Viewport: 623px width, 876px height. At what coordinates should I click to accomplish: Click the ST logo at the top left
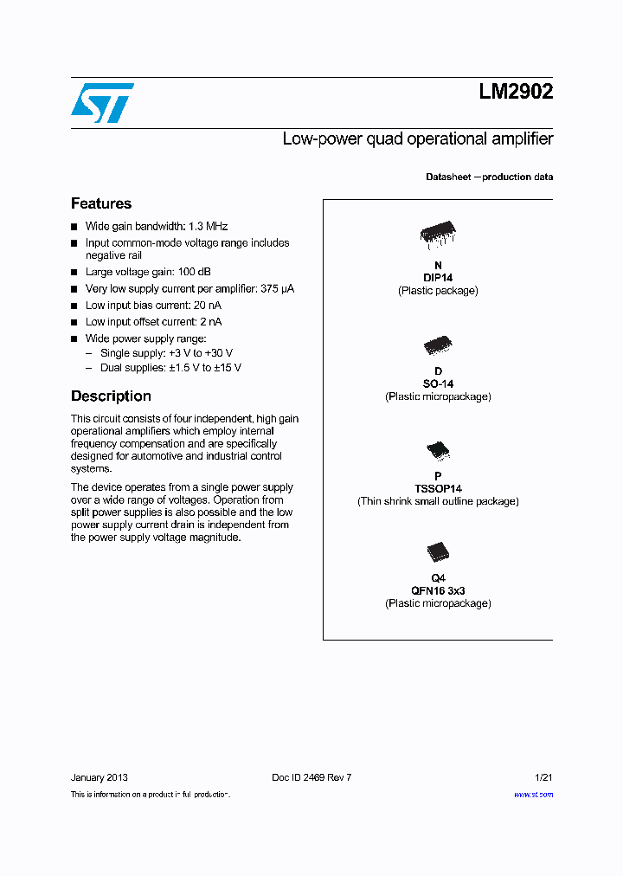(102, 102)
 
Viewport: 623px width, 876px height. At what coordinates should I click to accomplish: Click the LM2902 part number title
(516, 92)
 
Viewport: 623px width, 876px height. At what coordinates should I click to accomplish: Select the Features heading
(101, 203)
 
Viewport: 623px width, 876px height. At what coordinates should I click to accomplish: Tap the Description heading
(111, 396)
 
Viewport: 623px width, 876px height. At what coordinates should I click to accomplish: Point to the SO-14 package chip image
(438, 346)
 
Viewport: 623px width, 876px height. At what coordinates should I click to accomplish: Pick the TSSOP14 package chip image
(438, 451)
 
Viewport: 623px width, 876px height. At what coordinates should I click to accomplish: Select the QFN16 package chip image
(438, 552)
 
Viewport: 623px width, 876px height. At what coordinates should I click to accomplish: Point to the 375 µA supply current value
(277, 289)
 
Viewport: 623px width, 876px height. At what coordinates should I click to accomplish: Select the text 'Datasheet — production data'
(489, 177)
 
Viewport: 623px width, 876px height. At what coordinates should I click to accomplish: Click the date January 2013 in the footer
(99, 777)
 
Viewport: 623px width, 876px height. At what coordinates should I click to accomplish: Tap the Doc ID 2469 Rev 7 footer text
(311, 777)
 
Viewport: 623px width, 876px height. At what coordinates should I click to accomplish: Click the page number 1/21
(543, 777)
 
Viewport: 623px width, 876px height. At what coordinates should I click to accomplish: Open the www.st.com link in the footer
(533, 795)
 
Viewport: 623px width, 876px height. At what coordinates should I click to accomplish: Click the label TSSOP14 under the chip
(438, 489)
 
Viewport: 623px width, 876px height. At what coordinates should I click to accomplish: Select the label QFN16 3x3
(438, 591)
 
